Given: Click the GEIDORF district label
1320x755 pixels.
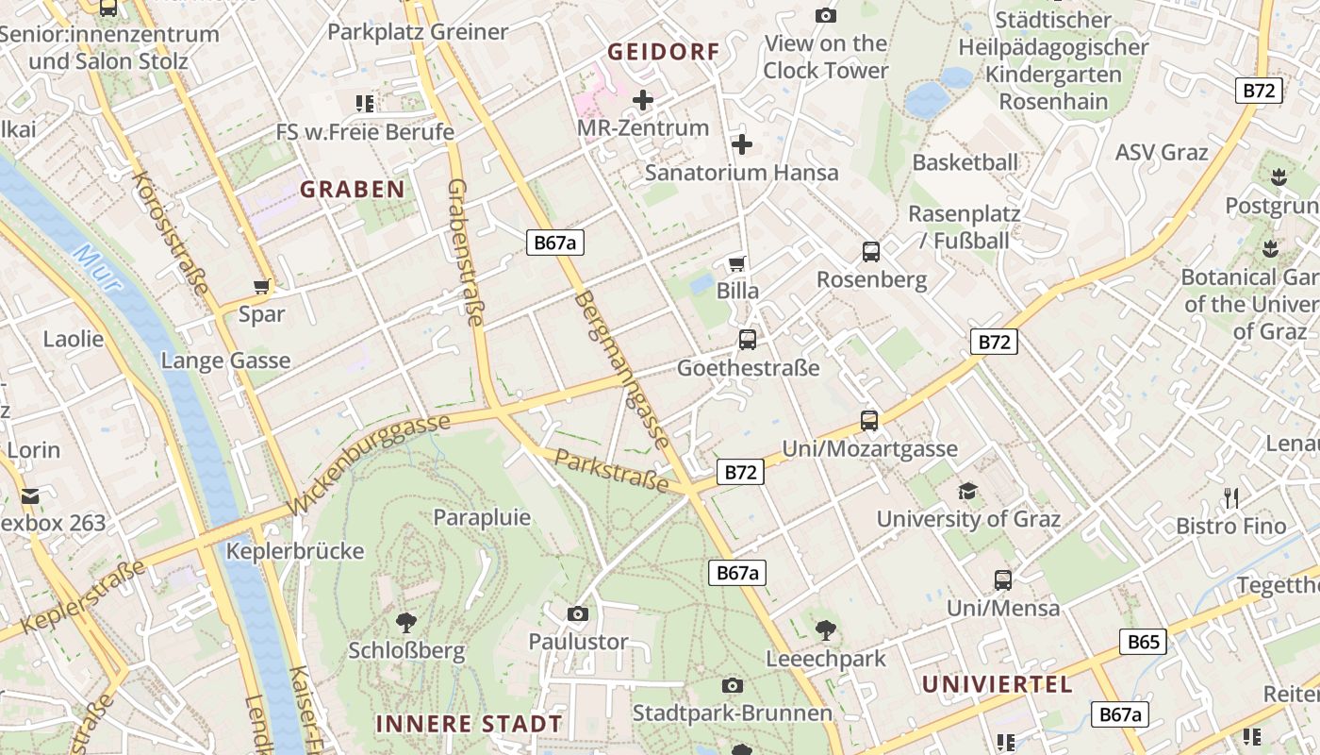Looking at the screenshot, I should point(663,52).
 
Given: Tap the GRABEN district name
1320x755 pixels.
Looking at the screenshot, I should point(353,189).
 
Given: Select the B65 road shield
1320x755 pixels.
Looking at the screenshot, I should point(1144,642).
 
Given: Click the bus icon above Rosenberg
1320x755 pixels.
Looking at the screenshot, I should point(870,252).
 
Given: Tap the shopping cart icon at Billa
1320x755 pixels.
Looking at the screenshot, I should point(737,263).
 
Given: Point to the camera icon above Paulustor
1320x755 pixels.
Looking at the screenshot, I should point(578,614).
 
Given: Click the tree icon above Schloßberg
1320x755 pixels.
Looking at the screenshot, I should point(406,622).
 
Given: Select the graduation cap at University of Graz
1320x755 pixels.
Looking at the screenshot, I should point(967,491).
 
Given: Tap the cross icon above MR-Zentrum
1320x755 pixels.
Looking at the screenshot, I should point(643,100).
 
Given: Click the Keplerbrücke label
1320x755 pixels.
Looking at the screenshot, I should point(295,550).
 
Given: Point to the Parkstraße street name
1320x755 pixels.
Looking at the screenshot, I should point(611,471).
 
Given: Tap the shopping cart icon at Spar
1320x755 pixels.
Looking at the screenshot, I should point(262,286).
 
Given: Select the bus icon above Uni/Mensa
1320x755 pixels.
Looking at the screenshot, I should point(1003,580).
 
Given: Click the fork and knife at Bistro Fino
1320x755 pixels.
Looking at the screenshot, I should point(1230,498).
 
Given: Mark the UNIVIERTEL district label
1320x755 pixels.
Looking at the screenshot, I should point(998,684).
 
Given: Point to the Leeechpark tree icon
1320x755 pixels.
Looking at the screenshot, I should point(826,629).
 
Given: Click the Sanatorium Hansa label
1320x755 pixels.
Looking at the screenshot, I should point(741,173).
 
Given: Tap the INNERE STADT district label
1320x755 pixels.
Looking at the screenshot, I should point(469,724).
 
